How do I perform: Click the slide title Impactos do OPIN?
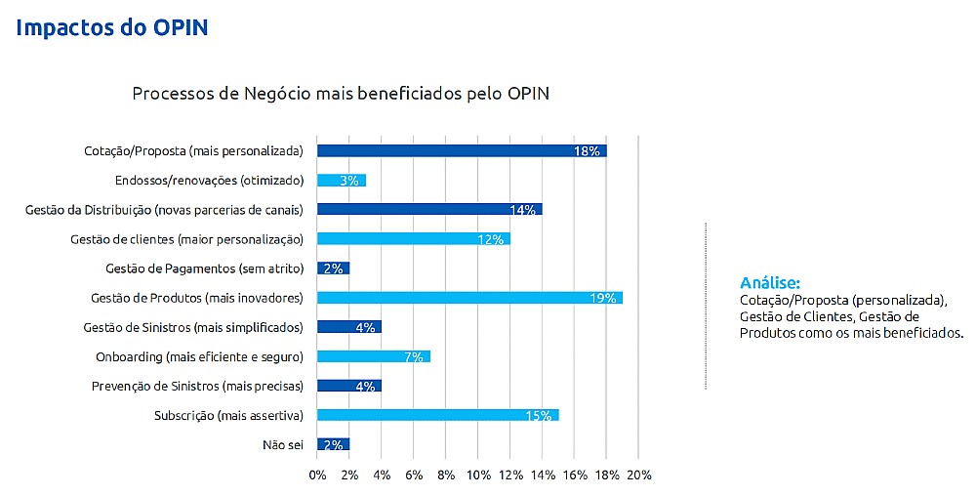pyautogui.click(x=112, y=26)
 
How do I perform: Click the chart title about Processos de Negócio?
pyautogui.click(x=341, y=94)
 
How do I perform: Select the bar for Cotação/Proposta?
pyautogui.click(x=461, y=150)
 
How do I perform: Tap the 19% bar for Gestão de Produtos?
pyautogui.click(x=468, y=297)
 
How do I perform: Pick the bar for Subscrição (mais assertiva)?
pyautogui.click(x=437, y=415)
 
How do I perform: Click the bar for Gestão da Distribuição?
pyautogui.click(x=428, y=209)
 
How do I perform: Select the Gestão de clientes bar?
pyautogui.click(x=413, y=238)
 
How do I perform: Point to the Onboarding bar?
pyautogui.click(x=373, y=355)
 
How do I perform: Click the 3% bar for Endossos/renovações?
pyautogui.click(x=341, y=180)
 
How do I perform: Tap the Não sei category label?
pyautogui.click(x=283, y=444)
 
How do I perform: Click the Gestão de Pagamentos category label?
pyautogui.click(x=204, y=269)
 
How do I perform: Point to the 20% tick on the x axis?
pyautogui.click(x=637, y=475)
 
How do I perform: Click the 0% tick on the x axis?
pyautogui.click(x=317, y=475)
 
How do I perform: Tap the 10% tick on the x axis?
pyautogui.click(x=478, y=475)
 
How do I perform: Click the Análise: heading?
pyautogui.click(x=770, y=283)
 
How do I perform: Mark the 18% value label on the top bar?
pyautogui.click(x=587, y=151)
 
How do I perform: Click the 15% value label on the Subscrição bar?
pyautogui.click(x=539, y=416)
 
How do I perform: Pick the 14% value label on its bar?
pyautogui.click(x=522, y=210)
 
